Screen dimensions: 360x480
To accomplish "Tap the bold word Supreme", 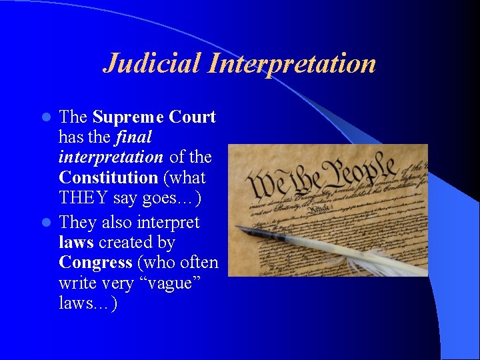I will pos(127,117).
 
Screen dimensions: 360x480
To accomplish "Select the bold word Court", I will pos(192,117).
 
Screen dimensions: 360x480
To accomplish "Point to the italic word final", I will pos(134,137).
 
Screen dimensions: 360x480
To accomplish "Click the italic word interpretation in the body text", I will pos(111,158).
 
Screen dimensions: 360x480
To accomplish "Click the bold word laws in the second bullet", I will pos(76,243).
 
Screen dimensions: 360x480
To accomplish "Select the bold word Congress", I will pos(95,263).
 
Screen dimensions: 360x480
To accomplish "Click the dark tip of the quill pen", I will pos(243,231).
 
